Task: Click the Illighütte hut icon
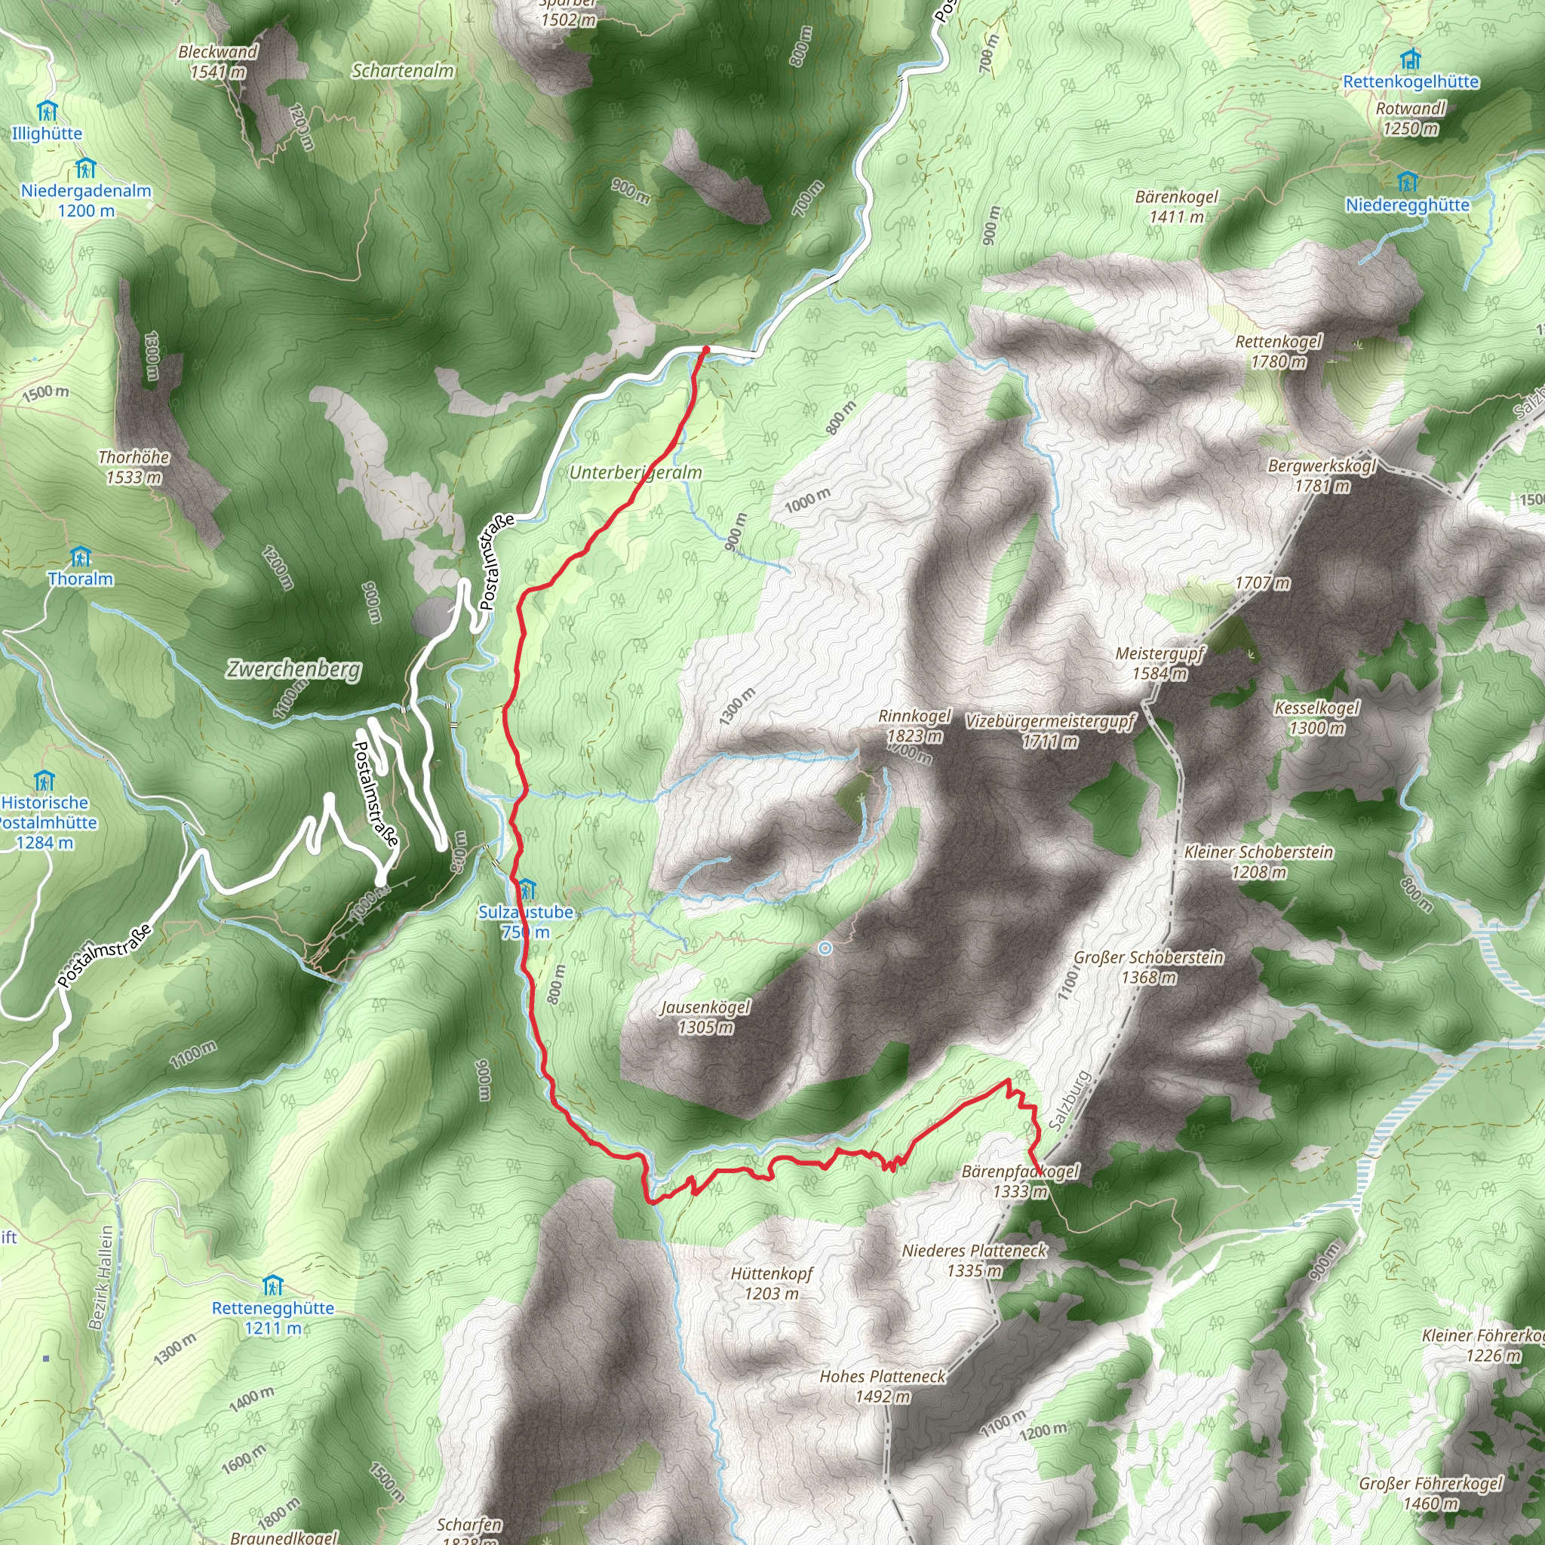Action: coord(46,109)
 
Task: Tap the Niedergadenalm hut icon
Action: coord(84,169)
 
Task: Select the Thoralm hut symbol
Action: coord(80,557)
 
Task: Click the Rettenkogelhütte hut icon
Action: coord(1411,59)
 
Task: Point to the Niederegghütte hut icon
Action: coord(1407,182)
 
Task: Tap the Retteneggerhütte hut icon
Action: coord(272,1286)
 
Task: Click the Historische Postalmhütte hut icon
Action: coord(44,781)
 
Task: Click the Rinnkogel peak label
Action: coord(914,725)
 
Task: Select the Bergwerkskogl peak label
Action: coord(1322,476)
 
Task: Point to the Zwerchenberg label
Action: coord(293,668)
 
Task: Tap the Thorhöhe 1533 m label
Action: coord(134,467)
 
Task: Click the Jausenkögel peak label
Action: coord(705,1016)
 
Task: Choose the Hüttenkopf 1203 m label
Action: coord(772,1282)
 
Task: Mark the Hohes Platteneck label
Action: coord(882,1386)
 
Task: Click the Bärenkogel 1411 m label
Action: coord(1176,206)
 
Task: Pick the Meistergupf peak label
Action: coord(1160,664)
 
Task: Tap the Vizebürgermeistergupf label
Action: coord(1050,731)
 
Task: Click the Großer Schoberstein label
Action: coord(1148,967)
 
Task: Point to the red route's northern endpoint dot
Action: coord(705,349)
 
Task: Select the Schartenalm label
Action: coord(403,71)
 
